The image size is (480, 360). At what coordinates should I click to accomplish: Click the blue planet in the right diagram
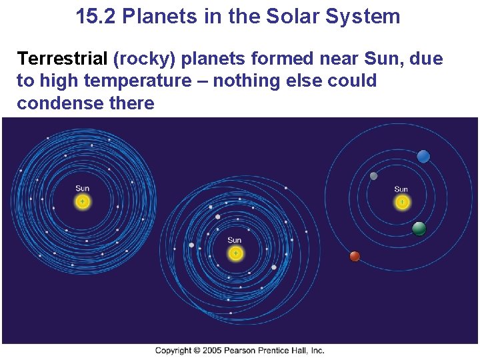click(423, 157)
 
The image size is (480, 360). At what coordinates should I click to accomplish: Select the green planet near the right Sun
click(419, 229)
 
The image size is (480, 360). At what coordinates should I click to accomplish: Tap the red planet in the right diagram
click(355, 256)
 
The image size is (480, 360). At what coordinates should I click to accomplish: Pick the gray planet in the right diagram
click(373, 176)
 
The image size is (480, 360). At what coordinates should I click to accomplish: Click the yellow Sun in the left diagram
click(82, 201)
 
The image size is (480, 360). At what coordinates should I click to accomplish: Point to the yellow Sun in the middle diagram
click(235, 253)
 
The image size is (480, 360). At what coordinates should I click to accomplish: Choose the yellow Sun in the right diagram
click(401, 202)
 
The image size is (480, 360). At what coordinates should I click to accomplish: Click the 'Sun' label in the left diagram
click(82, 189)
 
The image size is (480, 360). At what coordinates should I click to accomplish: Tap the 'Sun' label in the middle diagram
click(235, 241)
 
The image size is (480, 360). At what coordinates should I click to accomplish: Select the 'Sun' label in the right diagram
click(401, 189)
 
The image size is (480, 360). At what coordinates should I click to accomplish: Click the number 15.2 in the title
click(97, 16)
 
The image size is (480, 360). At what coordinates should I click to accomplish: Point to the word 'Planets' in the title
click(161, 16)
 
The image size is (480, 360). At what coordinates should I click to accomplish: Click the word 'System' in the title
click(367, 16)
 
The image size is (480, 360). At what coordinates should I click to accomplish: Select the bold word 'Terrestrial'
click(62, 59)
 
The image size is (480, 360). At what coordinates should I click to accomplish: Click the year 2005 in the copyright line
click(212, 351)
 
